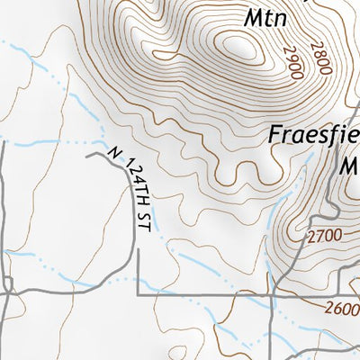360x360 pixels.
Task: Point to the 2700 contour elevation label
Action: pos(324,238)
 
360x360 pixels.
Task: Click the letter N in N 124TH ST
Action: pos(113,153)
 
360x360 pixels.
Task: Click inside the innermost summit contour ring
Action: pos(239,45)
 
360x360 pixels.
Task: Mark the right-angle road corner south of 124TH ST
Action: pos(138,294)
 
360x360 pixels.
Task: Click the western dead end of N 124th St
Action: pos(87,155)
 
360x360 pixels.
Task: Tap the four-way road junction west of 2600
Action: pos(271,294)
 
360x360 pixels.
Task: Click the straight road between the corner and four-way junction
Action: pos(202,294)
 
